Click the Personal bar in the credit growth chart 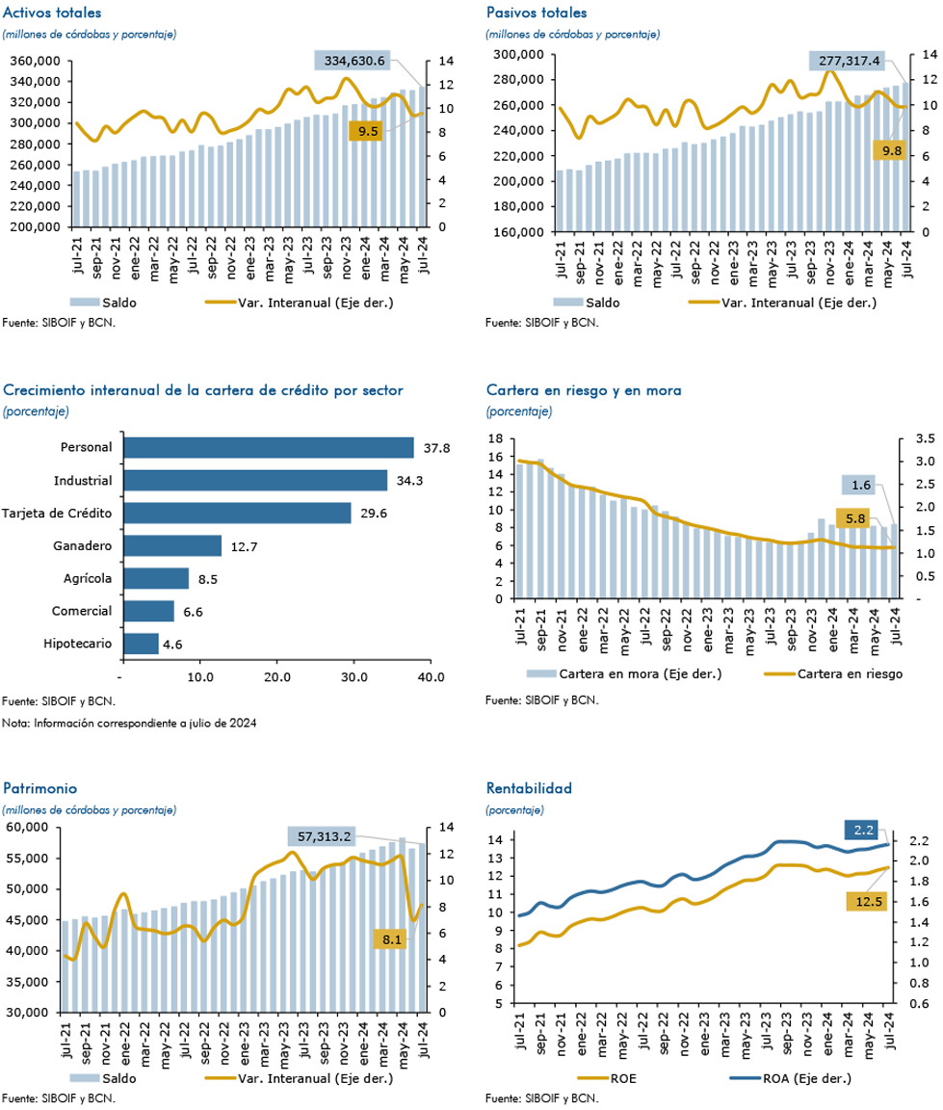[x=269, y=447]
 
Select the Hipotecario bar [x=141, y=644]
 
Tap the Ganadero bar [x=172, y=545]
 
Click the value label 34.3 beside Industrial [x=409, y=481]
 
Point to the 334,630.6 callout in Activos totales [x=354, y=61]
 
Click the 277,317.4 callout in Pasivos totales [x=849, y=61]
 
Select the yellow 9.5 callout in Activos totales [x=368, y=131]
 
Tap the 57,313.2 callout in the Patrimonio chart [x=324, y=836]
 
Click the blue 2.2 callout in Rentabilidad [x=863, y=830]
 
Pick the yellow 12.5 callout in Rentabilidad [x=868, y=901]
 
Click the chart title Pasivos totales [x=537, y=13]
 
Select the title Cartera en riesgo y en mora [x=584, y=390]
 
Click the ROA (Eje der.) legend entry [x=790, y=1078]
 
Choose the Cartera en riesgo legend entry [x=833, y=674]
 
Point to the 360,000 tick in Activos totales [x=35, y=61]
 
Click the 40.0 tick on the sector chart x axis [x=431, y=677]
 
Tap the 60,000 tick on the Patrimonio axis [x=27, y=827]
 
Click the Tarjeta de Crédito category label [x=57, y=514]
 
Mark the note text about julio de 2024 [x=129, y=723]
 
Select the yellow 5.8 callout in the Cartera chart [x=855, y=518]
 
